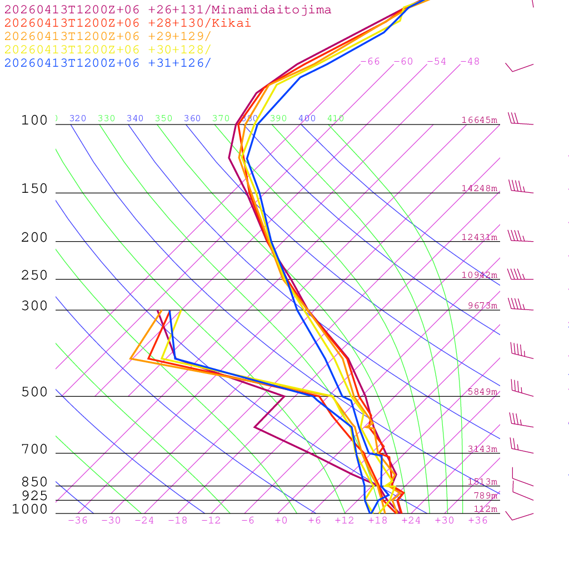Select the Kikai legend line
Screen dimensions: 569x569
(127, 23)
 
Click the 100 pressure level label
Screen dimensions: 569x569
(34, 121)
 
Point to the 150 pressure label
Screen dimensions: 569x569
(34, 189)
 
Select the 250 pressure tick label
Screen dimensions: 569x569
(34, 276)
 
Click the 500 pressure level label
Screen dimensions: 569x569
(34, 392)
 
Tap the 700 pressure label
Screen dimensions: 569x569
(34, 450)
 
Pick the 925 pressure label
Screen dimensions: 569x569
(34, 496)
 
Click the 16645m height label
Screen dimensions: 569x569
(479, 120)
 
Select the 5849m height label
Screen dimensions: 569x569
(482, 392)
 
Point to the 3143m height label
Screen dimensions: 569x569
(482, 449)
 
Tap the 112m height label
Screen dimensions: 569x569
(485, 509)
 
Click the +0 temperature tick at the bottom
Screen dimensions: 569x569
(281, 521)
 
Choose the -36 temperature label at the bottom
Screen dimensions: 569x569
(77, 521)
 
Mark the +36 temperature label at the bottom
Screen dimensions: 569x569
(478, 521)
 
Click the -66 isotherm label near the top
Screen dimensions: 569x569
(370, 62)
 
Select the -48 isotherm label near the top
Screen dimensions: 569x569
(470, 62)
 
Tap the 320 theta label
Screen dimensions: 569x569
(78, 118)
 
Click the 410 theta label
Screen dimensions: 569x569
(336, 118)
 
